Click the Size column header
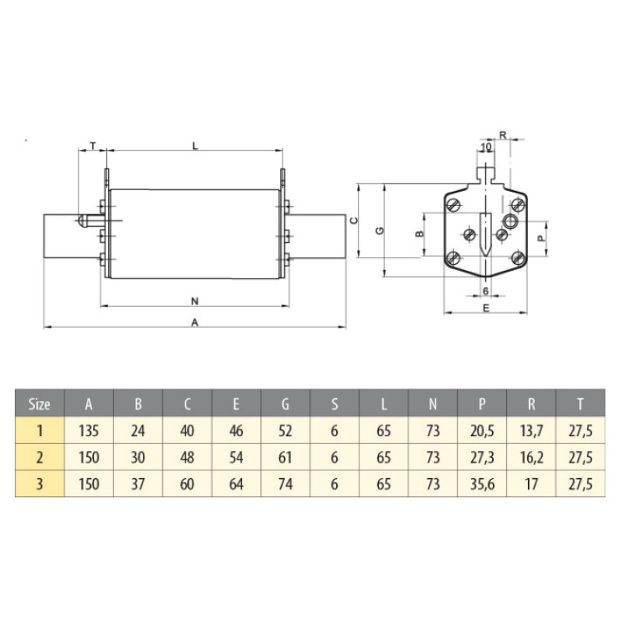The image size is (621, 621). point(40,404)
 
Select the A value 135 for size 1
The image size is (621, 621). point(88,431)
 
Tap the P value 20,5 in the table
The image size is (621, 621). point(482,431)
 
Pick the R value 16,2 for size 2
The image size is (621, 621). point(531,457)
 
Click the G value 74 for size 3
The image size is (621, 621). point(285,484)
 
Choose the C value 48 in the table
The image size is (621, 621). point(187,457)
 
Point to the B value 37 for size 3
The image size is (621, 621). point(137,484)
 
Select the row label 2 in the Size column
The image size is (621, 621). point(40,457)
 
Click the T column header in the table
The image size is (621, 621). point(580,404)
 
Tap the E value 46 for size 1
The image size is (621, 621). point(236,431)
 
